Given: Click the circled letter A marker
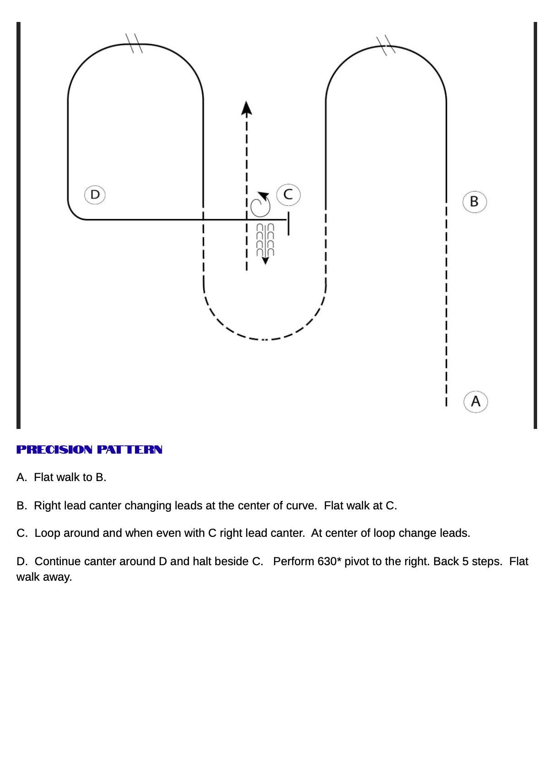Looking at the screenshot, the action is [x=475, y=401].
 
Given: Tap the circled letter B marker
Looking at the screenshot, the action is [x=474, y=202].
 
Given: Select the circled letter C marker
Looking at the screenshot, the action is [x=288, y=195].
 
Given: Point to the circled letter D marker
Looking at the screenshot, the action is [x=95, y=195].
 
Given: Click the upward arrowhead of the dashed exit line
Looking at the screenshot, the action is [x=247, y=108].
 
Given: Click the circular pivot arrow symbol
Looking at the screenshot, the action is [x=260, y=205].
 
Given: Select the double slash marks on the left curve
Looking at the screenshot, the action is [x=134, y=43].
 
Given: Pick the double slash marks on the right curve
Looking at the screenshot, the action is [x=386, y=45].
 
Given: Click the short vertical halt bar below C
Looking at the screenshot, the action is [x=289, y=224].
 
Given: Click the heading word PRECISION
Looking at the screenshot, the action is [x=54, y=450].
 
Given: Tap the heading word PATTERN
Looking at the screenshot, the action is [x=129, y=450].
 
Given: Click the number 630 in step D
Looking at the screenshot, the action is [x=327, y=562].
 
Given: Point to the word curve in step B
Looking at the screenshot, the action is [x=301, y=506].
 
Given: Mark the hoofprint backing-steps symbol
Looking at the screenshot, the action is [x=265, y=240].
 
